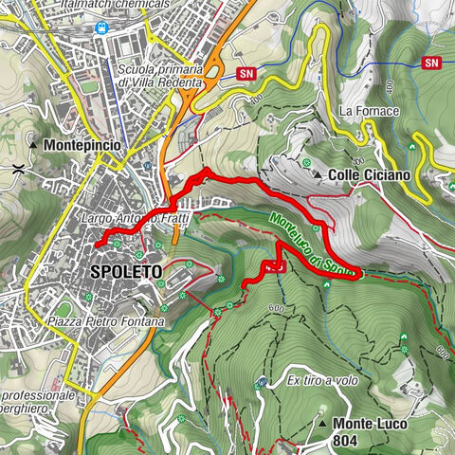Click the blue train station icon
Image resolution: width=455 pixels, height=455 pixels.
click(102, 27)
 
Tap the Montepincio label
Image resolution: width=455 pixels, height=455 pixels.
click(81, 145)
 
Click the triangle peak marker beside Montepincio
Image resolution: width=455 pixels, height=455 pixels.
click(33, 145)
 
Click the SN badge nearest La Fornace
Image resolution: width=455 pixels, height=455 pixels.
click(433, 63)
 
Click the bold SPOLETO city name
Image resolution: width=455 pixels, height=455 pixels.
click(126, 272)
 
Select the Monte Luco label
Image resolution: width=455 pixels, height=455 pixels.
click(370, 424)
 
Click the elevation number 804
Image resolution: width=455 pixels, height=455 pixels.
click(347, 441)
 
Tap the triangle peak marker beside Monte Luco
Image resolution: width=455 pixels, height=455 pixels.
click(322, 424)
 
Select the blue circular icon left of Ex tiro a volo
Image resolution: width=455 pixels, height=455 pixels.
click(262, 382)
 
